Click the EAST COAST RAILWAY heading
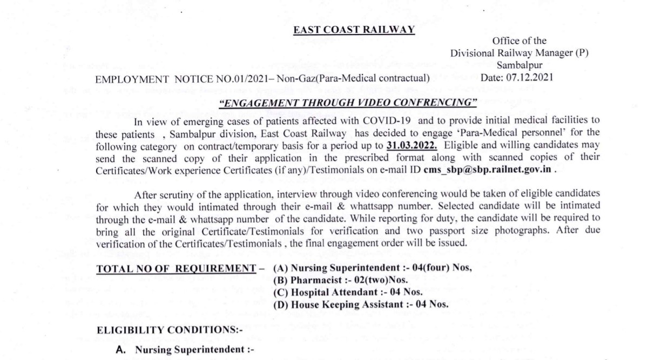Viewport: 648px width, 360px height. point(354,31)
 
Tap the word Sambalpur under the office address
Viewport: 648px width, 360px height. point(519,65)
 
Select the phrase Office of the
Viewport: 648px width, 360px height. point(519,40)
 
